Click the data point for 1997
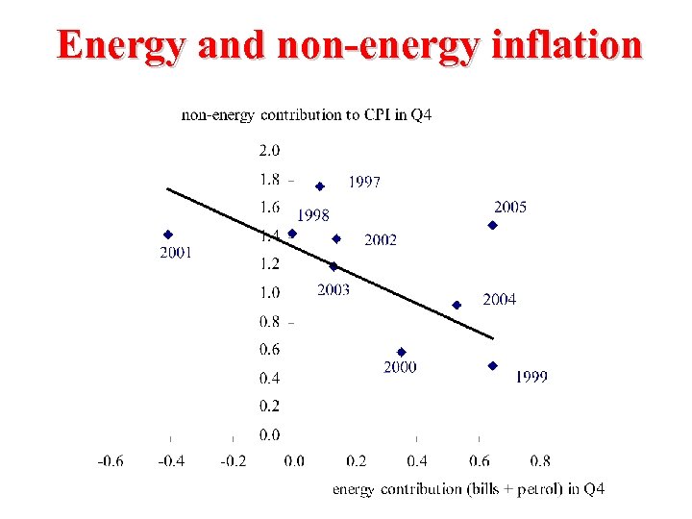[320, 186]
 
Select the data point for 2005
[492, 225]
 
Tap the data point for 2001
[168, 234]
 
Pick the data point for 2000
[401, 352]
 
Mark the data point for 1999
[492, 365]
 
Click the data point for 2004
[457, 305]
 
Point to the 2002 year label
[380, 240]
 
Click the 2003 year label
[334, 289]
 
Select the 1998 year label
[312, 215]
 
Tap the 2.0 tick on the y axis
[268, 150]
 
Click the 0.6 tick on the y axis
[268, 349]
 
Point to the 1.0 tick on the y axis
[268, 292]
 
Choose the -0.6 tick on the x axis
[110, 461]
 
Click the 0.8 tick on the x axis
[539, 461]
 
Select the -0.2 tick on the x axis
[233, 461]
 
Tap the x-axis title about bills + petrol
[468, 489]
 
